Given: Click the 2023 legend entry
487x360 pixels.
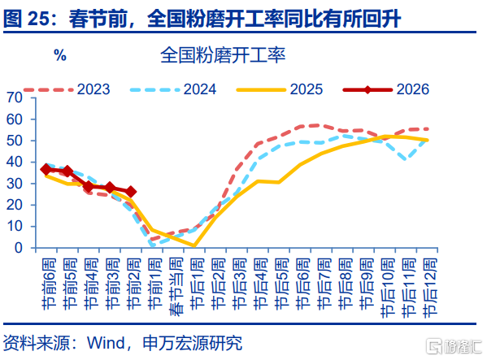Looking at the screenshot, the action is [67, 89].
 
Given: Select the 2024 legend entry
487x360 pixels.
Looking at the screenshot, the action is [173, 89].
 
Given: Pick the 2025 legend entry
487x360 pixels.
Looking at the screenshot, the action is [280, 89].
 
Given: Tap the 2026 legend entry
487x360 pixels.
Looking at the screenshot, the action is [386, 89].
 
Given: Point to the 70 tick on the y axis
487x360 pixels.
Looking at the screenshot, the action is [15, 98].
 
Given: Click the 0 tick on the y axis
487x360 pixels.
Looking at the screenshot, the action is [19, 248].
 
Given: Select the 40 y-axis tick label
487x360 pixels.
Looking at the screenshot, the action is [15, 162].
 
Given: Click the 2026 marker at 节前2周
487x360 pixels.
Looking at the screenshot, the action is [131, 192].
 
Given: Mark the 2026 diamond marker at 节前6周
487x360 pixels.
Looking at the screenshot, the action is [46, 170].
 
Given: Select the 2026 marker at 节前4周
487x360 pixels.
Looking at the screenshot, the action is [89, 186].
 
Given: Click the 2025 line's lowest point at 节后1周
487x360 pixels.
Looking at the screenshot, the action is [194, 245].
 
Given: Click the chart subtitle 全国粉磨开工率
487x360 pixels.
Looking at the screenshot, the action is [223, 55].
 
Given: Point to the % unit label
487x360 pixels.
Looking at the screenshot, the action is [60, 55].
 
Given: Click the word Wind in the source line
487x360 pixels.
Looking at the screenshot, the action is [106, 343].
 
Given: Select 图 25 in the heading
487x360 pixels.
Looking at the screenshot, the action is [26, 19].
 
